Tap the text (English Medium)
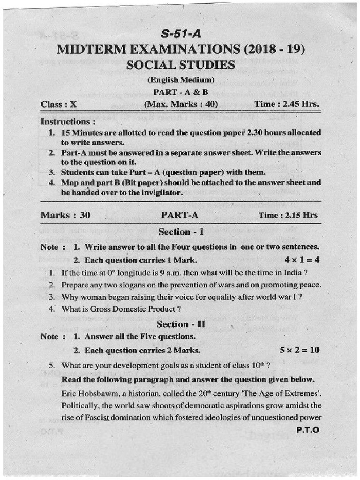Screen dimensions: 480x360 click(x=180, y=80)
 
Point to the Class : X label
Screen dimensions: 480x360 click(x=59, y=105)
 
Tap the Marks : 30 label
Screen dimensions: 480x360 click(x=66, y=216)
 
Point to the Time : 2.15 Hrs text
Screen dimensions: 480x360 click(x=288, y=215)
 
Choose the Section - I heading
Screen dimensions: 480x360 click(x=181, y=232)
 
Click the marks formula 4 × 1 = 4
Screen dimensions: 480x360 click(x=302, y=260)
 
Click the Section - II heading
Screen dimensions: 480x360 click(x=181, y=324)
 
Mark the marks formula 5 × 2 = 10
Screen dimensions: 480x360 click(x=300, y=350)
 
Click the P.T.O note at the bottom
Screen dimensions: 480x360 click(x=308, y=429)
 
